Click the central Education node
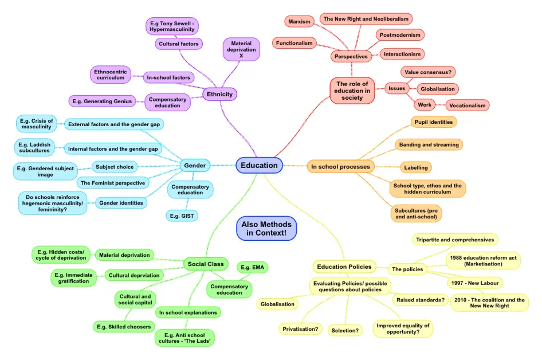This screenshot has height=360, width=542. click(259, 166)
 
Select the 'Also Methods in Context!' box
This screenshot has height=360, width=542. click(266, 229)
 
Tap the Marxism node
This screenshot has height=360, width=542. click(299, 22)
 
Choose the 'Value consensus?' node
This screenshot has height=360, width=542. click(427, 72)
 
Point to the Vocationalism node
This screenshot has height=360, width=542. click(468, 105)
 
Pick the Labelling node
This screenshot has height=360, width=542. click(415, 167)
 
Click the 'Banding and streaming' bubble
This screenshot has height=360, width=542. click(429, 145)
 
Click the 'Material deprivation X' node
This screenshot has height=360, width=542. click(241, 49)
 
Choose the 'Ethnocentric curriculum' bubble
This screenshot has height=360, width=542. click(111, 75)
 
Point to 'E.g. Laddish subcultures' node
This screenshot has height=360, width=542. click(35, 148)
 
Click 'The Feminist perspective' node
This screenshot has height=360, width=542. click(113, 183)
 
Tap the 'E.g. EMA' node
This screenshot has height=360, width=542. click(253, 267)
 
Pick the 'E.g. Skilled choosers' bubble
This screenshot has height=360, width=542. click(123, 327)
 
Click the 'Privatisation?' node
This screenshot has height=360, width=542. click(301, 329)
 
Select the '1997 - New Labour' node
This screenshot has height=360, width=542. click(474, 283)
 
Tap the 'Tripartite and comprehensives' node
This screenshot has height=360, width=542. click(455, 240)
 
